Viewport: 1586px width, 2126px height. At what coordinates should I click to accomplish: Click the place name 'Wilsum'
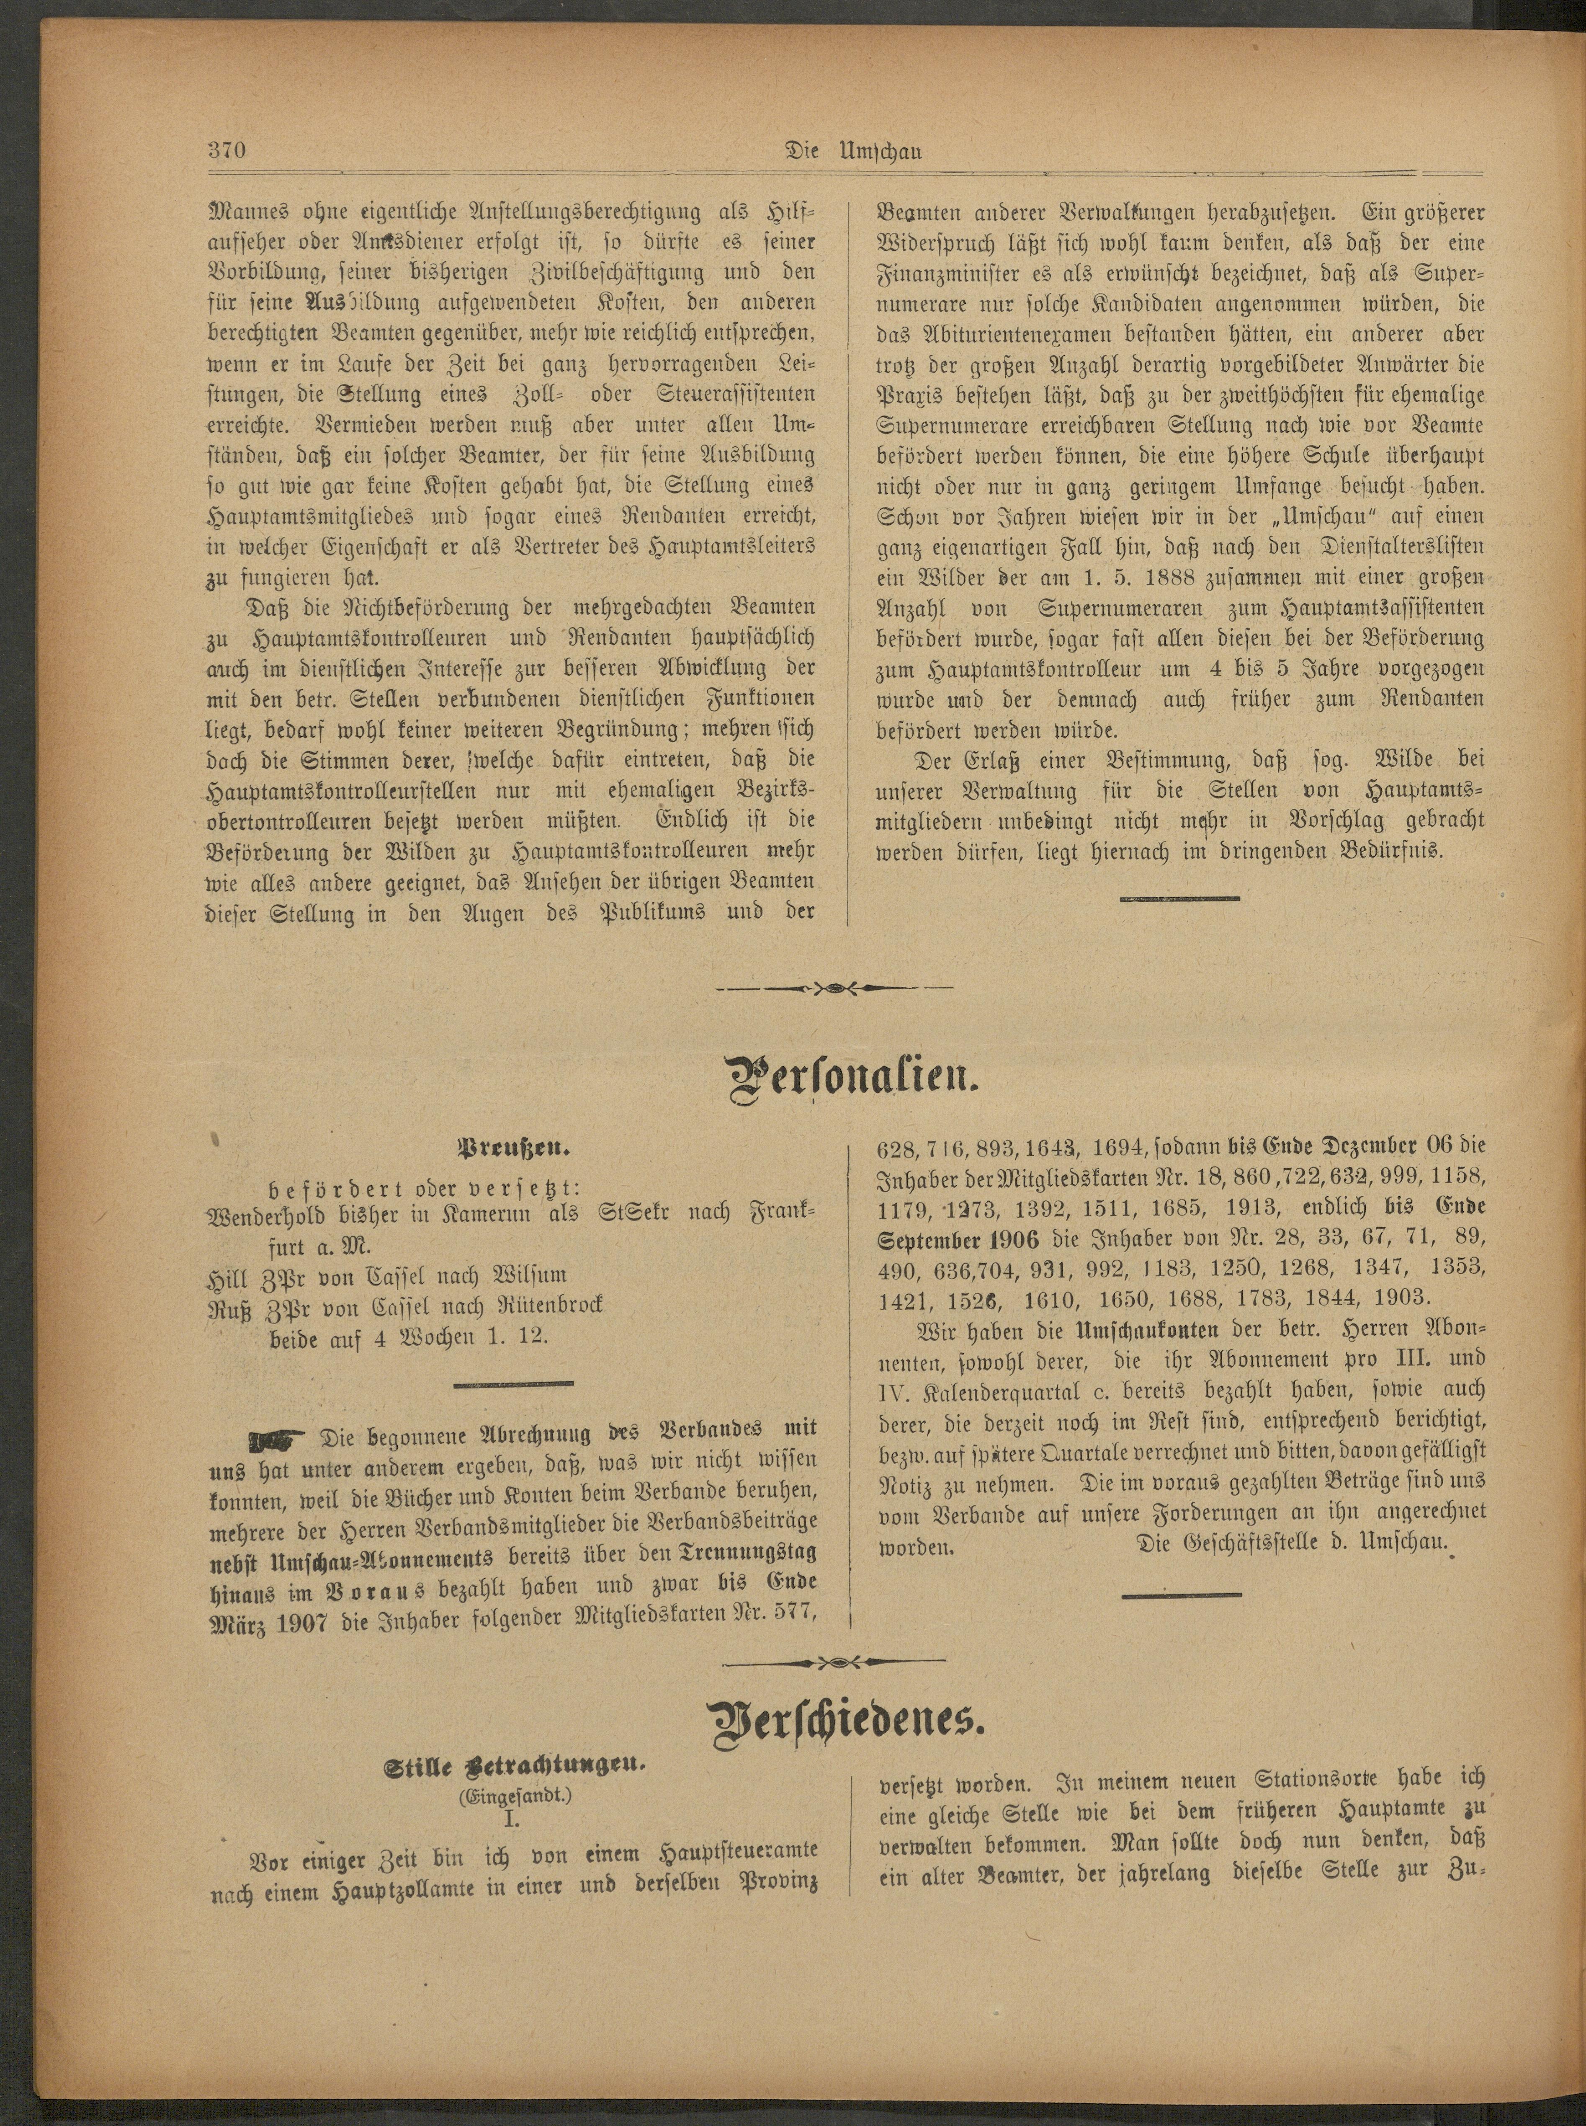coord(528,1276)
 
